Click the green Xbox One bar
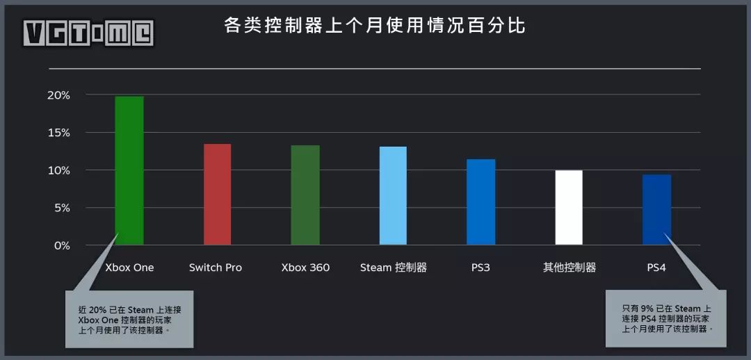coord(129,170)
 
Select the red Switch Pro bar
coord(217,194)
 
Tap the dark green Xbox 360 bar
coord(305,195)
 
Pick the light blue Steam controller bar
coord(393,195)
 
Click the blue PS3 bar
coord(481,202)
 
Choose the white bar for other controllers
coord(569,207)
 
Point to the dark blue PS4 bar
coord(656,209)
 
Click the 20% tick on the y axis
coord(58,95)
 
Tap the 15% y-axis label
coord(58,133)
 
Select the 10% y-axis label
coord(58,170)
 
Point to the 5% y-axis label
coord(61,208)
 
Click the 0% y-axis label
coord(61,245)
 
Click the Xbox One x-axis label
coord(129,268)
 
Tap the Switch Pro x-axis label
coord(216,268)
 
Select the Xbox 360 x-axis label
coord(305,268)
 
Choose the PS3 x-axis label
coord(481,268)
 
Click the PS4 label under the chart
coord(656,268)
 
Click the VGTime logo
coord(88,33)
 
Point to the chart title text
coord(375,26)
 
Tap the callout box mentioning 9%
coord(666,318)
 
